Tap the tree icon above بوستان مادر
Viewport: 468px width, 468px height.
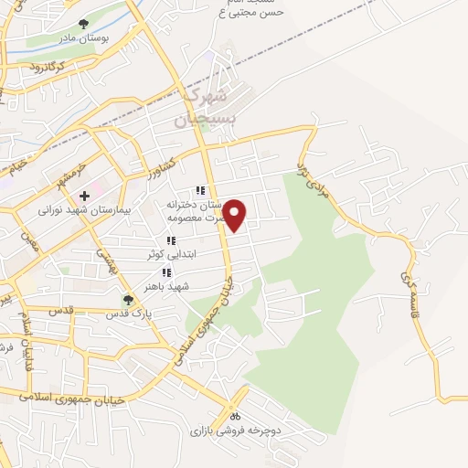[84, 25]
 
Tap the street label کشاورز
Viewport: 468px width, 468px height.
[159, 166]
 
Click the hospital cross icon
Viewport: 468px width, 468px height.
[85, 196]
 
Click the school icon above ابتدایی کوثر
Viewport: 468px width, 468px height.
[171, 241]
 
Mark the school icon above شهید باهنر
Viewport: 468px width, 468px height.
[166, 273]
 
